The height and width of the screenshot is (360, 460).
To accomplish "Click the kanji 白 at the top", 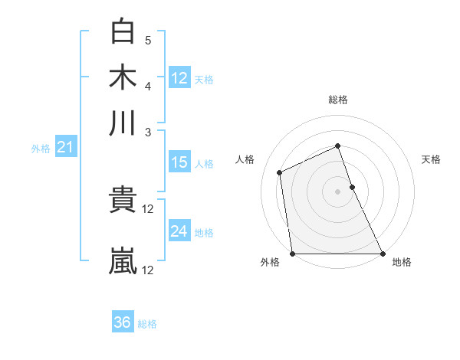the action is tap(123, 32).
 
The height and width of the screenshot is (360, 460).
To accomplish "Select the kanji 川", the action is tap(123, 123).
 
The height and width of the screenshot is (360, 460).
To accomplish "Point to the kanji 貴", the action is tap(123, 200).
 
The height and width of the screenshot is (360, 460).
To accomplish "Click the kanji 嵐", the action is tap(123, 260).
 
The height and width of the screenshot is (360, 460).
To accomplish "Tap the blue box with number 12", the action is tap(179, 77).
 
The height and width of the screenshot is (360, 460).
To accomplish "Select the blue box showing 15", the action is tap(179, 162).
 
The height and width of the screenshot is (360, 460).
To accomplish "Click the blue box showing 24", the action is tap(179, 231).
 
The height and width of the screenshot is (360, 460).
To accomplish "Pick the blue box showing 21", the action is tap(64, 148).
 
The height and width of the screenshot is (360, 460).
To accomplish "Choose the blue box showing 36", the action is tap(123, 322).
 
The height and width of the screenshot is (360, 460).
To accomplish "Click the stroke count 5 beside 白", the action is tap(148, 41).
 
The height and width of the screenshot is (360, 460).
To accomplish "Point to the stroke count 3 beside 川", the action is tap(148, 132).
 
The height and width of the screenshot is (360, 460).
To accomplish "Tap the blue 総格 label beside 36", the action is tap(148, 324).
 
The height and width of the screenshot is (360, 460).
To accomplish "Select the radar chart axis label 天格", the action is tap(432, 159).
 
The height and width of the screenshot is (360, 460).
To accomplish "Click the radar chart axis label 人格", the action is tap(245, 159).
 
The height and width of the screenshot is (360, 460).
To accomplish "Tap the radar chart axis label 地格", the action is tap(402, 263).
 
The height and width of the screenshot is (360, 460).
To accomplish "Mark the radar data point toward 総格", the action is tap(337, 146).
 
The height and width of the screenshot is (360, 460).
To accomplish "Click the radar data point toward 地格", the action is tap(383, 254).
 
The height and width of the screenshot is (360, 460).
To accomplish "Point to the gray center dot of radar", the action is tap(337, 191).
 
